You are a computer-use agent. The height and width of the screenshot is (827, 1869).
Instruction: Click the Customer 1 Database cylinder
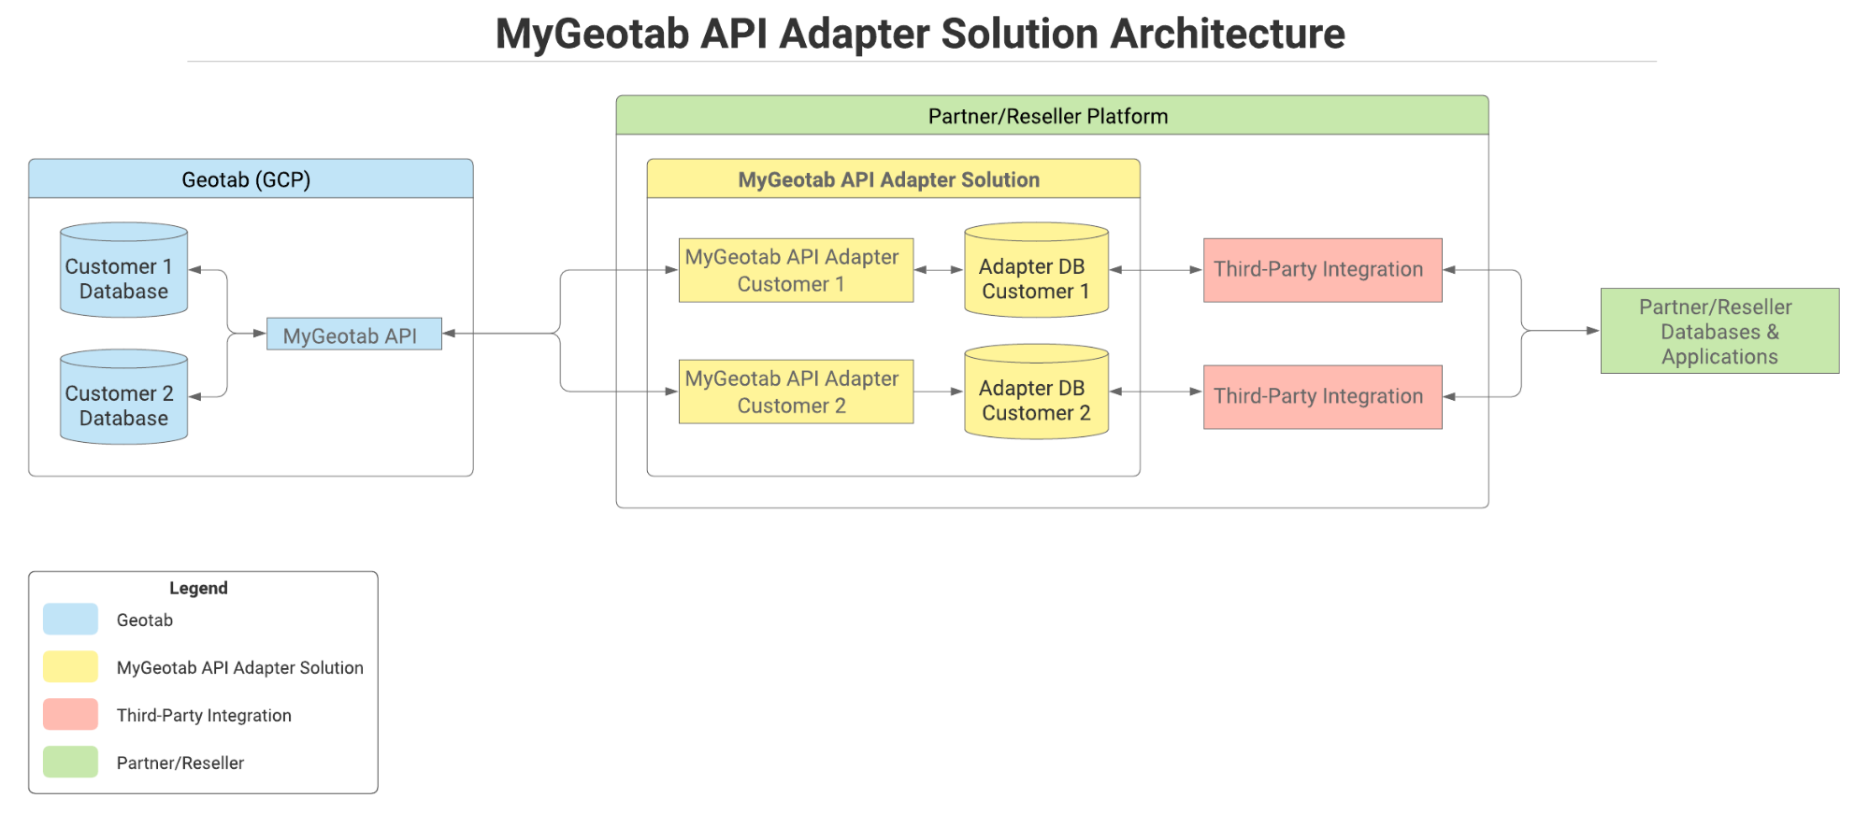click(123, 271)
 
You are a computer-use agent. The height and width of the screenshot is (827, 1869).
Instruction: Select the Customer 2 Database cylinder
click(123, 398)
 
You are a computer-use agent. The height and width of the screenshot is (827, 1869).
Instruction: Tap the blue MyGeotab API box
click(353, 335)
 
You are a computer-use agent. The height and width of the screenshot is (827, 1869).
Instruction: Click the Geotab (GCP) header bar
click(251, 179)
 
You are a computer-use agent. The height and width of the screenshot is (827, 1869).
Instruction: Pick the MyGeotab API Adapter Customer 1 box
click(796, 270)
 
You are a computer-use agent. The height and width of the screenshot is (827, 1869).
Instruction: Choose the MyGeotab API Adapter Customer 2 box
click(796, 392)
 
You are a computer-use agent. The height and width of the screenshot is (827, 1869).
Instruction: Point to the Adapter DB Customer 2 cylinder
click(1036, 393)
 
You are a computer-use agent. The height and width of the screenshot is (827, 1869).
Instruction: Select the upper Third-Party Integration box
click(1322, 270)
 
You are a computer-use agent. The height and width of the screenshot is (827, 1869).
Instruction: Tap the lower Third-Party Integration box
click(1322, 397)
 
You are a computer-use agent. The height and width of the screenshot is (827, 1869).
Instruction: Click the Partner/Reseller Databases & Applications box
click(1719, 331)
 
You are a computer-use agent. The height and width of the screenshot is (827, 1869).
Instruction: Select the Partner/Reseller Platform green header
click(1052, 116)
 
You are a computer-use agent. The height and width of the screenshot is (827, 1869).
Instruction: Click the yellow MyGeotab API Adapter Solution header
click(893, 179)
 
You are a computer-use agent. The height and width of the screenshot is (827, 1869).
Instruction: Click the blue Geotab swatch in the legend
click(70, 619)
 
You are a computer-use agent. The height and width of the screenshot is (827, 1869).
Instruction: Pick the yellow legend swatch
click(70, 666)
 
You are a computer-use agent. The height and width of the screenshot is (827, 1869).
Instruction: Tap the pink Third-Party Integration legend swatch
click(70, 714)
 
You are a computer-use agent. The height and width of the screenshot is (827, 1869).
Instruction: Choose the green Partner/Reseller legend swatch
click(70, 762)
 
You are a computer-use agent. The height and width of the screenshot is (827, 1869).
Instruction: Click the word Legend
click(198, 588)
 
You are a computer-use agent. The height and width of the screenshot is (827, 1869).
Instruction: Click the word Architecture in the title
click(1227, 35)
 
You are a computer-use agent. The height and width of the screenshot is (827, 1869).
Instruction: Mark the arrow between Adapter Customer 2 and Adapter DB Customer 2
click(938, 392)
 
